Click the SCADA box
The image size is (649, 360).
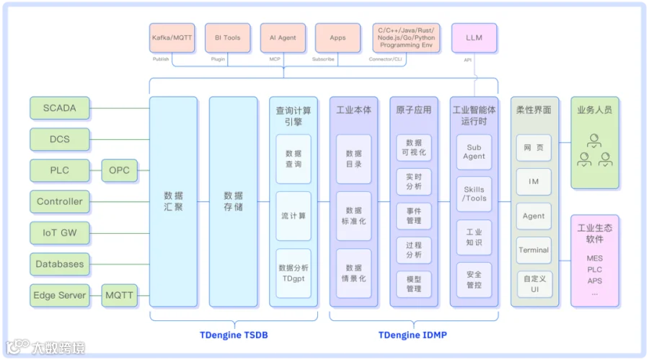click(x=60, y=108)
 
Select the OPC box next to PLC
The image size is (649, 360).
click(x=119, y=170)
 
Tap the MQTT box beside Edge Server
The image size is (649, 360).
click(x=119, y=295)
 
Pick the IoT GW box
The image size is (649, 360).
click(x=60, y=233)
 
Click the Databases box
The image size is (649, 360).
click(x=60, y=264)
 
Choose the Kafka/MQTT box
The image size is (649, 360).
click(x=172, y=38)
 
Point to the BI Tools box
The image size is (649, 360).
click(x=228, y=38)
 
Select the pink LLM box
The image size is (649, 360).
click(x=474, y=38)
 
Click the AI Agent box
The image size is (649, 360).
click(x=283, y=38)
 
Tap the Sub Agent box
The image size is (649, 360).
click(x=474, y=152)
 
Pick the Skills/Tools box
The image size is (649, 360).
click(x=474, y=194)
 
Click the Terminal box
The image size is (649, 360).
click(x=534, y=250)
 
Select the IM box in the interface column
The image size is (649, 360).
click(x=534, y=182)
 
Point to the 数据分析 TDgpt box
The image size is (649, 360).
click(x=293, y=273)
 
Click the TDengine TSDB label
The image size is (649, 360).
click(x=234, y=335)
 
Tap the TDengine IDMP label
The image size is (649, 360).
click(x=412, y=335)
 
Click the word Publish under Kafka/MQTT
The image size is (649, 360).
click(x=161, y=59)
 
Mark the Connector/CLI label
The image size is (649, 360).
click(x=385, y=59)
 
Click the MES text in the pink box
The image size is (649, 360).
click(x=594, y=258)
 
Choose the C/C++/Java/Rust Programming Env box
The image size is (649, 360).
click(x=406, y=38)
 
